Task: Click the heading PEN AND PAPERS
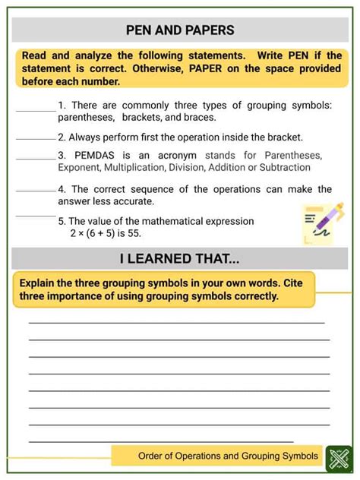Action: click(179, 30)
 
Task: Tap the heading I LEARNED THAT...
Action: click(179, 258)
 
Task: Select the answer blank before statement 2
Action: click(36, 140)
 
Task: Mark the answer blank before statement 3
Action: click(36, 158)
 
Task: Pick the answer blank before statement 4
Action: click(36, 191)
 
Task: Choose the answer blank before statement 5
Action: click(36, 216)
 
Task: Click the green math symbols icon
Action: click(336, 458)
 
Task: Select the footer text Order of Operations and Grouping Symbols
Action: click(228, 456)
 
